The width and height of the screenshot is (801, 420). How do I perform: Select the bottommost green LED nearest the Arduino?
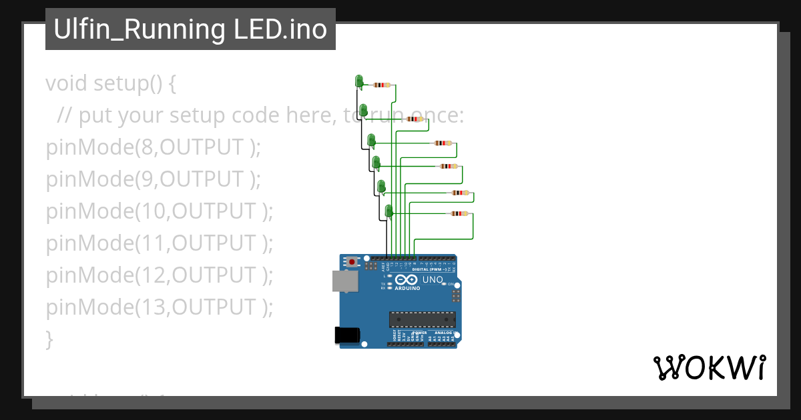pos(388,211)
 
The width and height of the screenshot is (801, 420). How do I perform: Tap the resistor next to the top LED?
pos(382,85)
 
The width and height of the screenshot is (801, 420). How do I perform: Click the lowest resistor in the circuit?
pos(459,214)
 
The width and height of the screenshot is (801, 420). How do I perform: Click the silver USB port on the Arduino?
pos(345,281)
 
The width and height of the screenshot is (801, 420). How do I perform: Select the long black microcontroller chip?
pos(422,319)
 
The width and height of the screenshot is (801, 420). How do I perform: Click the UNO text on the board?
pos(433,279)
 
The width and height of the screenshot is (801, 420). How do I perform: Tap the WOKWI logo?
pos(709,368)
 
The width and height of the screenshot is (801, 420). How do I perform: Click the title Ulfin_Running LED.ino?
pos(190,30)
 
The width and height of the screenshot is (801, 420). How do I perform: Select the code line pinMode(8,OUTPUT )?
pos(154,147)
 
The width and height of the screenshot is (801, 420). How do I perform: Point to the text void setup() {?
pos(111,83)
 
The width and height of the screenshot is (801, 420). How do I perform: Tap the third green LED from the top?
pos(372,140)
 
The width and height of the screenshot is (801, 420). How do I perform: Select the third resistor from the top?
pos(443,143)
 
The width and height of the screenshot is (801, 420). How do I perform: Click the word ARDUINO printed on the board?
pos(407,289)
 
